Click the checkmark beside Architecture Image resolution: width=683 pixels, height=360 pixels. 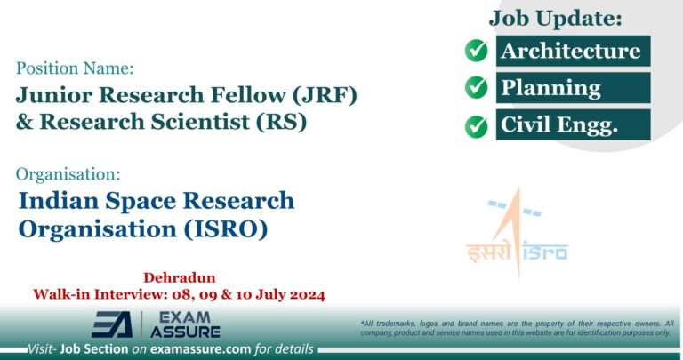[477, 51]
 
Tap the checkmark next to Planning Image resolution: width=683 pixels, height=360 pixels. [477, 87]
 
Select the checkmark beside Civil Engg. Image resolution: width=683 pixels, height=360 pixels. [477, 124]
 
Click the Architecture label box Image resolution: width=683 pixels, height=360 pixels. [571, 51]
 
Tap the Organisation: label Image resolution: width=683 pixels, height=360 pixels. [68, 174]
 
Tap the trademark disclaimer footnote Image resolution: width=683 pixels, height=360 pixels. [516, 327]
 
